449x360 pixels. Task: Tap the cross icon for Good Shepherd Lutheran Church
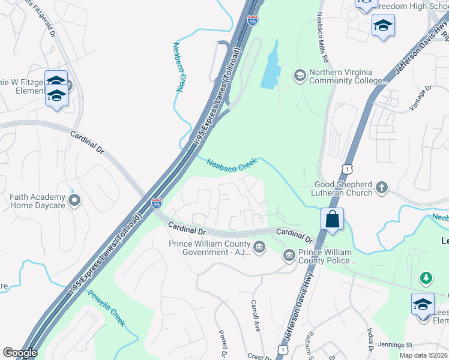coord(382,188)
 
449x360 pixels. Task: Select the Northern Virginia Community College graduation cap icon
coord(299,76)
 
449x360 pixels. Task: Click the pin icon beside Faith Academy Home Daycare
coord(74,200)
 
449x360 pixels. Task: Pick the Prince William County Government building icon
coord(259,247)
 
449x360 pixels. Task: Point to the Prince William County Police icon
coord(289,256)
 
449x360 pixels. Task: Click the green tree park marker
coord(426,278)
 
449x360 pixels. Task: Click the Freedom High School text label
coord(408,7)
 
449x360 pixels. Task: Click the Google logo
coord(20,353)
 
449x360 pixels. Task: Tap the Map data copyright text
coord(424,355)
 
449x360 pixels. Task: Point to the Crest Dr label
coord(260,356)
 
